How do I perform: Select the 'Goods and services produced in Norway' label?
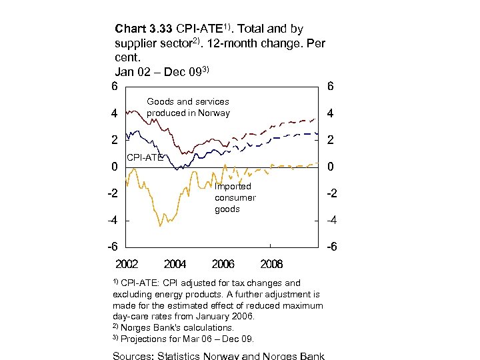click(188, 107)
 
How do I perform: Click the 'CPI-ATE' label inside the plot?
click(145, 158)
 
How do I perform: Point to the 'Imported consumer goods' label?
click(235, 198)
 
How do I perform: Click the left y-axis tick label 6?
click(115, 87)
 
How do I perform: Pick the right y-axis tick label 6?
click(331, 87)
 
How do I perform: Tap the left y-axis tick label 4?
click(115, 113)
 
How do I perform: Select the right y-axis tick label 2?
click(331, 140)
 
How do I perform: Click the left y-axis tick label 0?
click(115, 167)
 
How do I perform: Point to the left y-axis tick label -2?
click(113, 193)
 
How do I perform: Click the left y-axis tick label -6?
click(113, 247)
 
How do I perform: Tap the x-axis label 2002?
click(127, 264)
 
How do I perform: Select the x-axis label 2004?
click(175, 264)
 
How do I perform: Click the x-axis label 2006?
click(223, 264)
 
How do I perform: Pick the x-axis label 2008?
click(271, 264)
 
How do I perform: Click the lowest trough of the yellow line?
click(160, 226)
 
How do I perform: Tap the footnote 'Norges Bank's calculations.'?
click(177, 327)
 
